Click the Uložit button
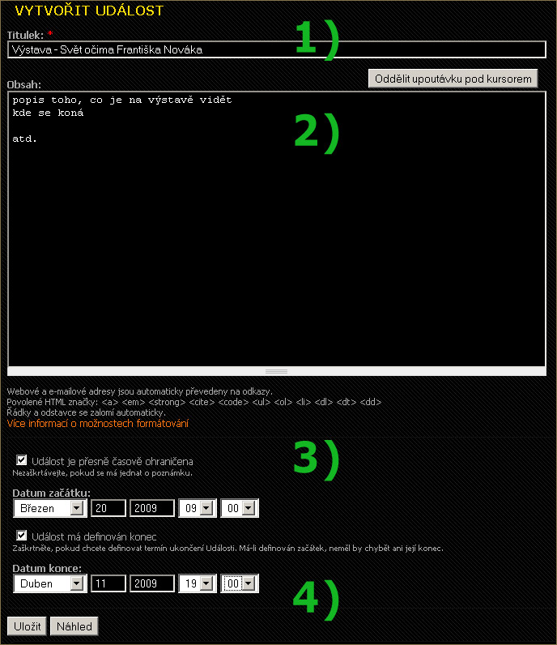click(x=28, y=626)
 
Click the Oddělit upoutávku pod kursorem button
click(x=453, y=79)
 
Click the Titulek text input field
click(x=277, y=49)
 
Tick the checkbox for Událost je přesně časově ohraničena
click(x=21, y=460)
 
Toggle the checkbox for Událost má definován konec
click(x=21, y=535)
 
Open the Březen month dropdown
click(x=50, y=508)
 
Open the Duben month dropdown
click(x=50, y=583)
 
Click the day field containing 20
click(x=108, y=508)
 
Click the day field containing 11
click(x=108, y=583)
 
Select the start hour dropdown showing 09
click(x=198, y=508)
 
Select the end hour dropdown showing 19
click(x=198, y=583)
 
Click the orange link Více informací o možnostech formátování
click(x=98, y=423)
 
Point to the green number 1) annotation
click(x=317, y=39)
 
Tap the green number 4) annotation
click(x=316, y=599)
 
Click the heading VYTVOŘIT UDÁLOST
click(x=89, y=11)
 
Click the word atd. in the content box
click(x=24, y=139)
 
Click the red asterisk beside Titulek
click(x=50, y=33)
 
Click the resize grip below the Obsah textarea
click(x=277, y=371)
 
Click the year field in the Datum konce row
click(x=152, y=583)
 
